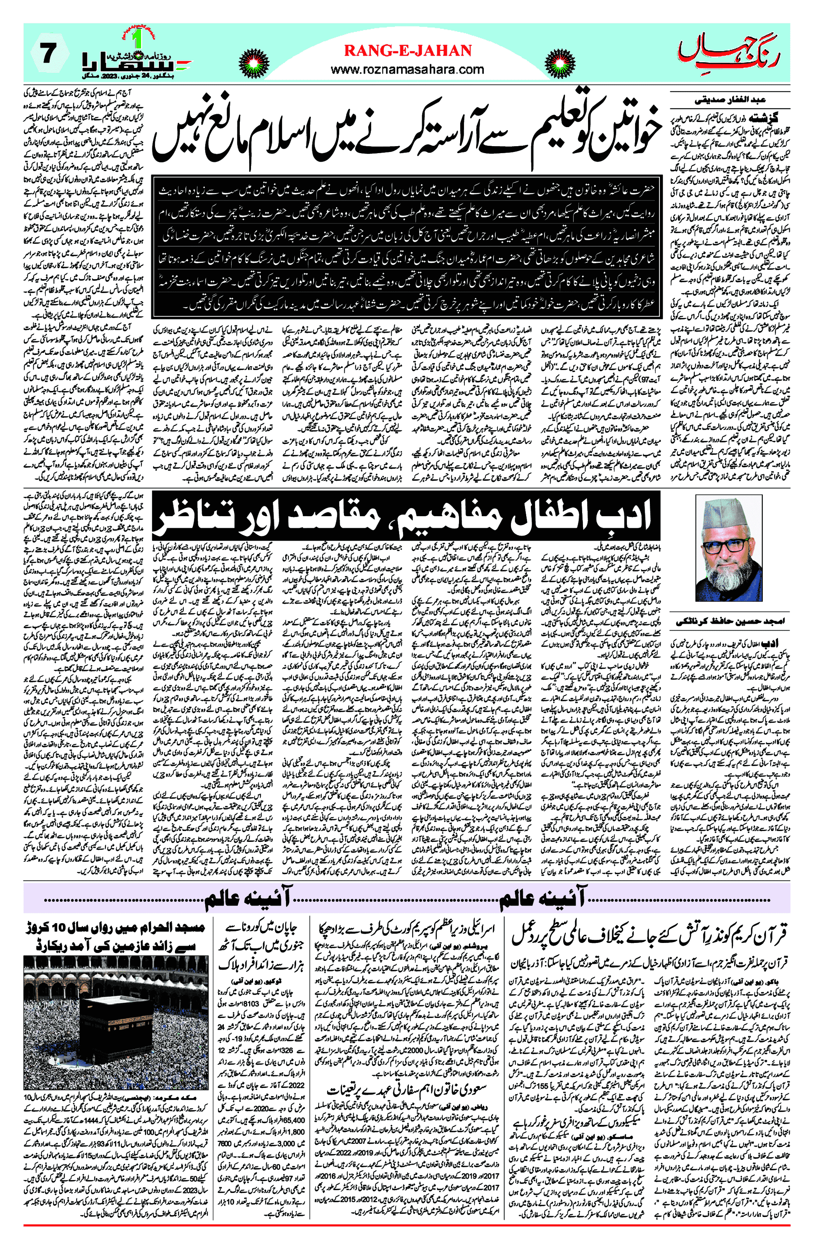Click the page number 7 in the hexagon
pyautogui.click(x=48, y=54)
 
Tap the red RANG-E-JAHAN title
pyautogui.click(x=408, y=51)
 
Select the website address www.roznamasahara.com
pyautogui.click(x=408, y=69)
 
